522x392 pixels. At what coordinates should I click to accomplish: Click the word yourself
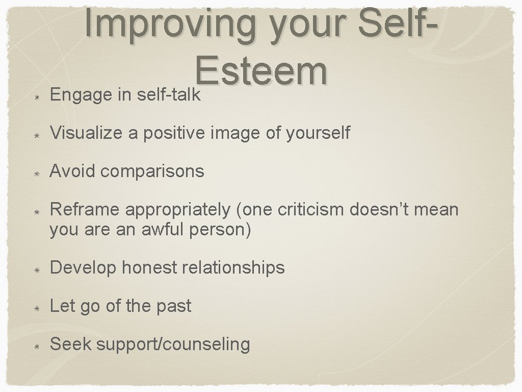point(318,133)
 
